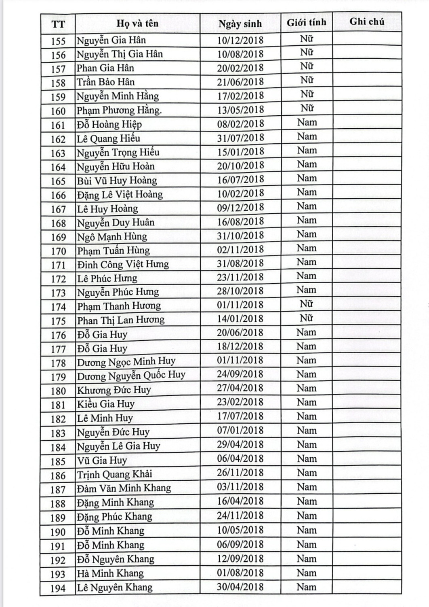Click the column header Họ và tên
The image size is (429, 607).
137,23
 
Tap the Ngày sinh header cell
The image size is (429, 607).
240,24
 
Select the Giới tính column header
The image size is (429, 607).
306,23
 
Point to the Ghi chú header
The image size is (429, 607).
366,22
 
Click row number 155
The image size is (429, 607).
58,41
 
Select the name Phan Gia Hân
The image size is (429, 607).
105,68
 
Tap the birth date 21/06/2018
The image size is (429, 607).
240,82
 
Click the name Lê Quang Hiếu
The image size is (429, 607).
109,138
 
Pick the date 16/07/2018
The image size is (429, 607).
240,179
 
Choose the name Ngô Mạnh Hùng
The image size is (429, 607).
112,236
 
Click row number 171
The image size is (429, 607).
58,265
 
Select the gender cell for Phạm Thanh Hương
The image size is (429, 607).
306,304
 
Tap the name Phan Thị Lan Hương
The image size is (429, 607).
121,320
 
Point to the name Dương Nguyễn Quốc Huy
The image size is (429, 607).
131,376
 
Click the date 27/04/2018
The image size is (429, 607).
240,388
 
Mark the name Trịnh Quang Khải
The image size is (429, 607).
115,474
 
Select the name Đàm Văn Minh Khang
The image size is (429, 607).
124,488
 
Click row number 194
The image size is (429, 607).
58,588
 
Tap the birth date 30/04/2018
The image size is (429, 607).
240,587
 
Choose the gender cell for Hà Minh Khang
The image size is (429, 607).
306,573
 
